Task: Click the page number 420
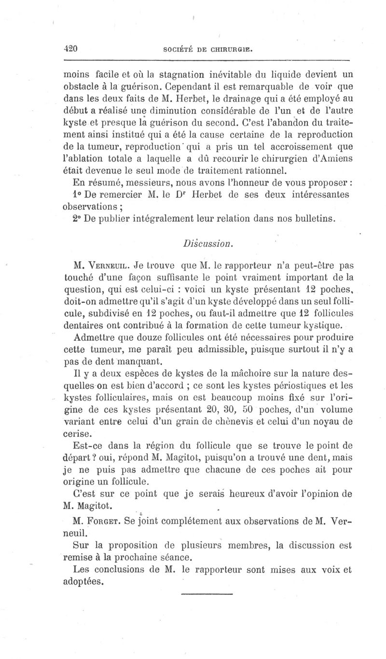click(x=71, y=48)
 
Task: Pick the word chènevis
click(x=257, y=421)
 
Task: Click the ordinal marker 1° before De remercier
click(x=77, y=195)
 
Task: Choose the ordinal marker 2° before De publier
click(x=77, y=218)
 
